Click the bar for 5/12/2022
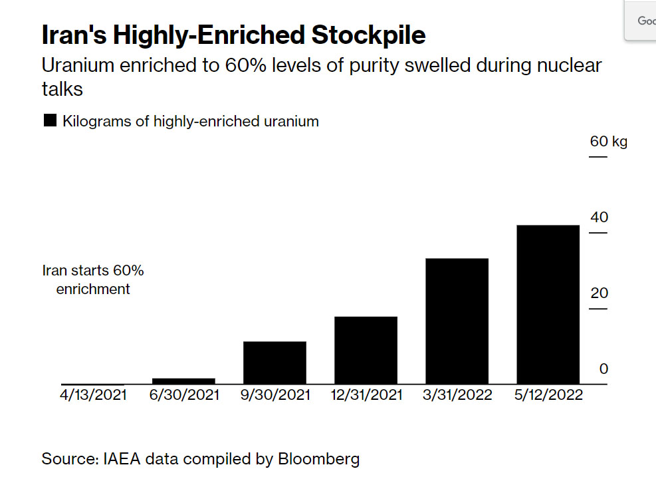[548, 304]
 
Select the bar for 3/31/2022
[457, 321]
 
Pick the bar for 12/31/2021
[366, 350]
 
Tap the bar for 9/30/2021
[274, 363]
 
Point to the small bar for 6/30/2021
[183, 381]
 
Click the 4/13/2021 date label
[93, 395]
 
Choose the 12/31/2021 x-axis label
[367, 395]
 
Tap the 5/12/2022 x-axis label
[548, 395]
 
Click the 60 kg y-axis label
[608, 142]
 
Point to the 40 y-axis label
[599, 218]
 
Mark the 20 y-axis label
[599, 293]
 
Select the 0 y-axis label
[603, 369]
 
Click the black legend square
[49, 121]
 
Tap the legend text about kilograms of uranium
[191, 121]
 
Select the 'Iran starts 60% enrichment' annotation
[93, 280]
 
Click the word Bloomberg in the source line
[318, 458]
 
